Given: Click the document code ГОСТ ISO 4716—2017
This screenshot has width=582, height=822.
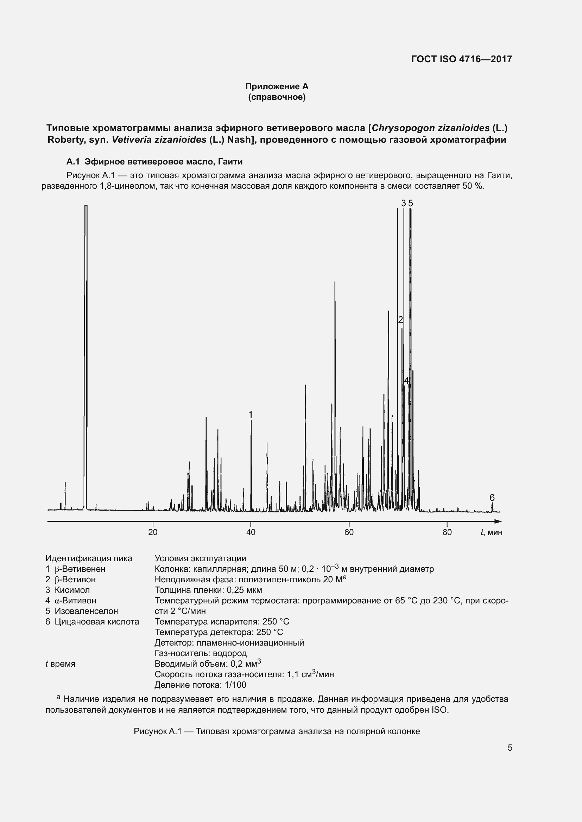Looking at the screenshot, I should (x=461, y=59).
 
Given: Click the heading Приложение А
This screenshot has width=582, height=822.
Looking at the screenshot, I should (x=277, y=86).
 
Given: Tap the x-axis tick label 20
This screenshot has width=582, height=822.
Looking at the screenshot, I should (x=153, y=532).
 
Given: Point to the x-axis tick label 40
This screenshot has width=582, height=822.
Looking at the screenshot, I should (x=251, y=532).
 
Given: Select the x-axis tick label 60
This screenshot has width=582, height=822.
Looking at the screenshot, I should (x=349, y=532).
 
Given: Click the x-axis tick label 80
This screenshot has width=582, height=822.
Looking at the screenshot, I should (x=447, y=532).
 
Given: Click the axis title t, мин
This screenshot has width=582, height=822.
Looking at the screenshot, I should (x=491, y=532).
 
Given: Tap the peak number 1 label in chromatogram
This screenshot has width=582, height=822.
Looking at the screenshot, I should (x=251, y=415).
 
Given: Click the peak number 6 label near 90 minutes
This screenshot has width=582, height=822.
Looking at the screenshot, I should (x=492, y=498).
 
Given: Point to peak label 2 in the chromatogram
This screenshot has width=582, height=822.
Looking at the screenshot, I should (x=400, y=320).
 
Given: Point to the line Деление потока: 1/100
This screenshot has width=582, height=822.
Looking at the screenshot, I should (x=200, y=685).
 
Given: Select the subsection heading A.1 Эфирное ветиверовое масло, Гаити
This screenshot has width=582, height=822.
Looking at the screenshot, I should (x=154, y=162).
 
